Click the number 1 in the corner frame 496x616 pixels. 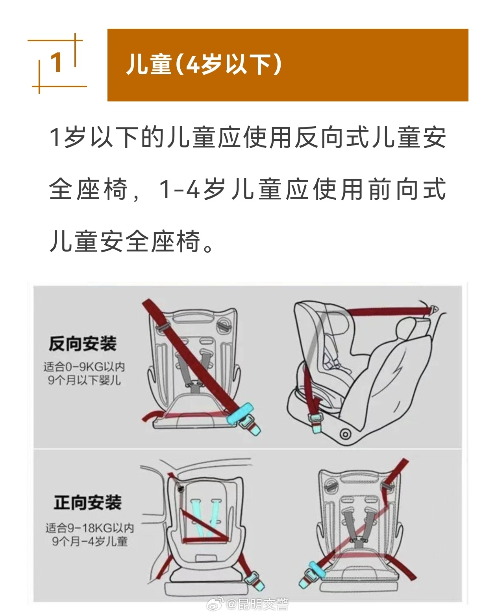tap(57, 63)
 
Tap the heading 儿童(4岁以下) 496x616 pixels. tap(204, 64)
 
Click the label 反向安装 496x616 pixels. tap(83, 344)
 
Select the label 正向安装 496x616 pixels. tap(87, 503)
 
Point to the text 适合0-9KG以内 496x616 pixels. tap(84, 367)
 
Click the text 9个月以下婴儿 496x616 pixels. tap(84, 381)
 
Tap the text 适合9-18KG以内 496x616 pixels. tap(89, 528)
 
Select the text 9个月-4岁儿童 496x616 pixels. tap(90, 541)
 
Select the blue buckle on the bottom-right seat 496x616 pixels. tap(313, 572)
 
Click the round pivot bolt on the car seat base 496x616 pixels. tap(345, 434)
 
